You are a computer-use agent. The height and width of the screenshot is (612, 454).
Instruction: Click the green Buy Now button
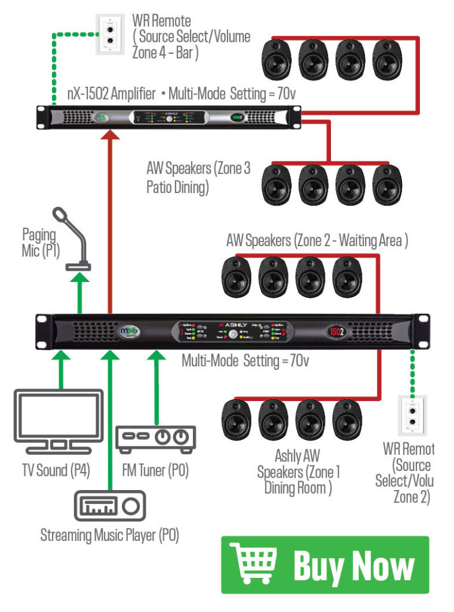click(x=325, y=565)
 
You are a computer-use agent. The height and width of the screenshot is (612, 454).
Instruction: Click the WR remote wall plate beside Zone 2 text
click(x=413, y=415)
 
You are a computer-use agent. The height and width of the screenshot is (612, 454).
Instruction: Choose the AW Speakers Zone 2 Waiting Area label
click(x=317, y=241)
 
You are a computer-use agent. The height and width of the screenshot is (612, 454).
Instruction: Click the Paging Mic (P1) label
click(x=40, y=243)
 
